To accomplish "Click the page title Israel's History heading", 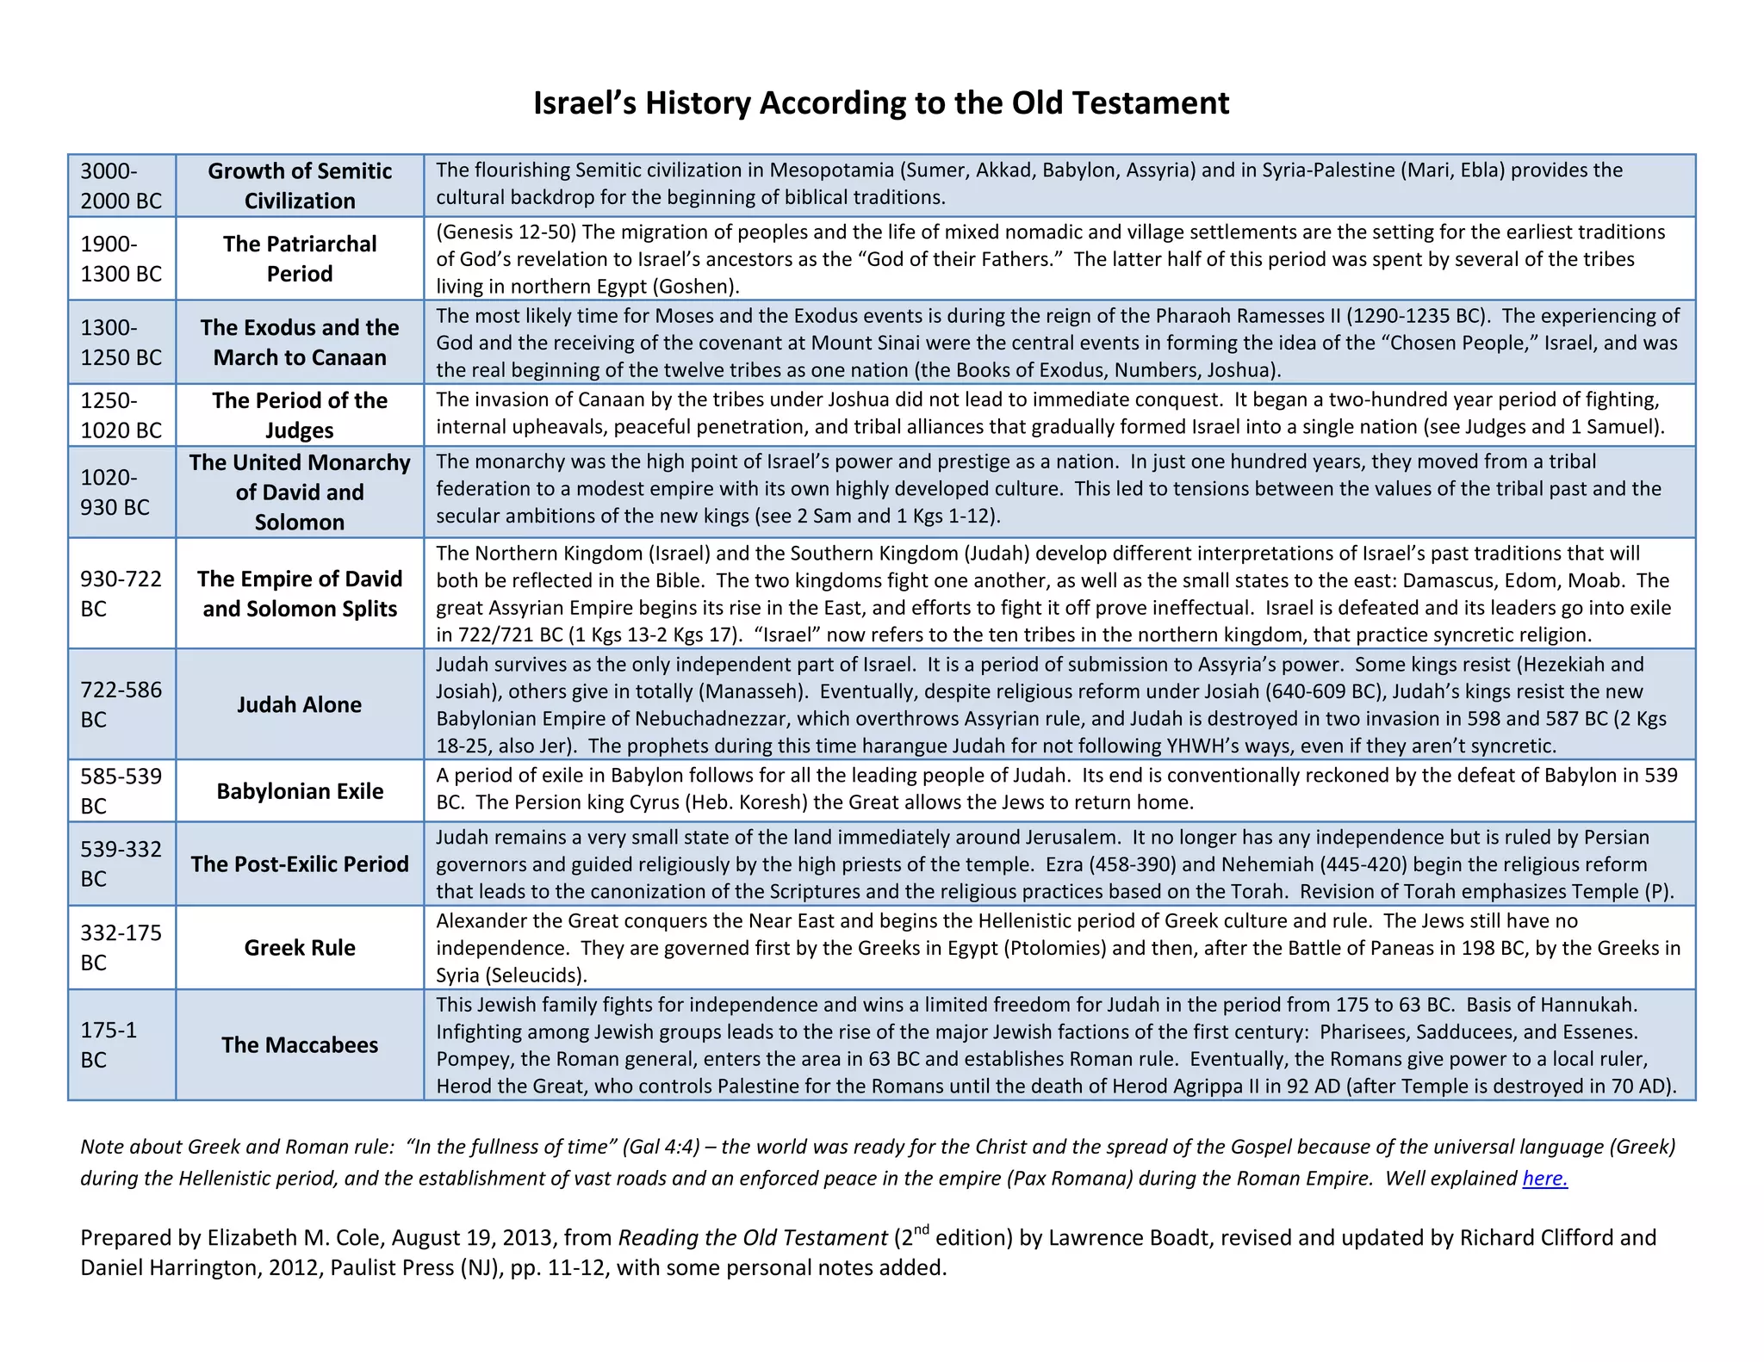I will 880,102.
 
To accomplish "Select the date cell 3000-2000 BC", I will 121,186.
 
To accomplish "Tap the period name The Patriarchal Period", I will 299,258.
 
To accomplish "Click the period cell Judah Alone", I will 299,704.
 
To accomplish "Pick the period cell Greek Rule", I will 299,947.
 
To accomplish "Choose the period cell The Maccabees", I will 299,1044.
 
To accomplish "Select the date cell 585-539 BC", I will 121,790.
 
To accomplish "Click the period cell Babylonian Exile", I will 299,790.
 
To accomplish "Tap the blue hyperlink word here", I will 1544,1178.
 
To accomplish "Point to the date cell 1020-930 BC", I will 121,492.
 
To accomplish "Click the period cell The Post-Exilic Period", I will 299,864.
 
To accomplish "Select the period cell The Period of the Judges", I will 299,415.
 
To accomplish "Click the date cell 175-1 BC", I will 121,1044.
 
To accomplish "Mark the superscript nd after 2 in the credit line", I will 922,1229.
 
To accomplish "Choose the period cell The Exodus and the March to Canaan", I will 299,342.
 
